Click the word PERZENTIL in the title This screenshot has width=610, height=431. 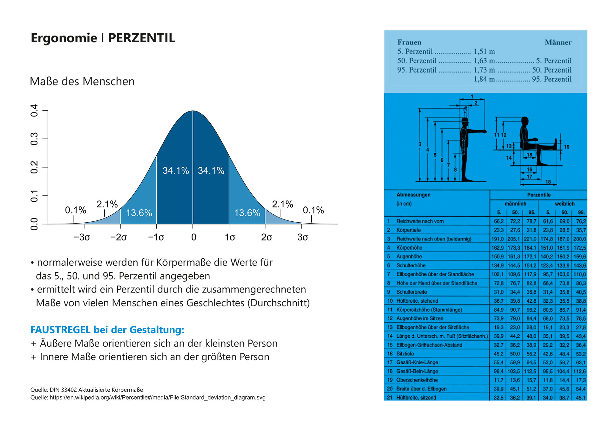(141, 38)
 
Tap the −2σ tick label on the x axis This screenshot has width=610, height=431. (119, 237)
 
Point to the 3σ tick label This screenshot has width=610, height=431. (303, 237)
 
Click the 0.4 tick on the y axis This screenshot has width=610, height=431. (34, 110)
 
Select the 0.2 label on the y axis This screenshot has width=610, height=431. (34, 167)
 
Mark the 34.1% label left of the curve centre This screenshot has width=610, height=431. (176, 171)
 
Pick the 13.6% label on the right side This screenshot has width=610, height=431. (247, 213)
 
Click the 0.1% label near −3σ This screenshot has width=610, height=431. (76, 210)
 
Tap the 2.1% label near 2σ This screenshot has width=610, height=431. (282, 204)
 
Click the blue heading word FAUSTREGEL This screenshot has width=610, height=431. (60, 330)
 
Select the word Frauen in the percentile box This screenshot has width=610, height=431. (409, 42)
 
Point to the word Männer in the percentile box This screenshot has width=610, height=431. (558, 42)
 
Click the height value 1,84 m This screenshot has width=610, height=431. (484, 79)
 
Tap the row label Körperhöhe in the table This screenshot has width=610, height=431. (409, 248)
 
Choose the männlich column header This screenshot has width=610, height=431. (515, 204)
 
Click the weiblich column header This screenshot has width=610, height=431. (565, 204)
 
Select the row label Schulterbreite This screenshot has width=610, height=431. (411, 292)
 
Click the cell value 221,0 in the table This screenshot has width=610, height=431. (530, 239)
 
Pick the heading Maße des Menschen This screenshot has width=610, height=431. (82, 81)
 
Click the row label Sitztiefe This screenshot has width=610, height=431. (405, 354)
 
